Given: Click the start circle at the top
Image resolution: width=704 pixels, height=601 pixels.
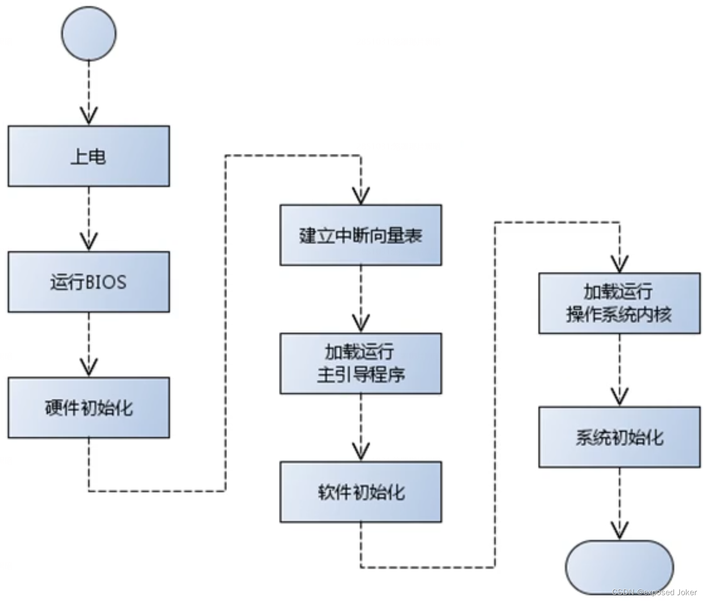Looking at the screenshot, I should [x=89, y=34].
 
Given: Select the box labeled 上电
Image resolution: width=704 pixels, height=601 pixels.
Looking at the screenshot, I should [x=89, y=156].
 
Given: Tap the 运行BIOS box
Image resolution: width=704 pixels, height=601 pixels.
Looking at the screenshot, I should [x=89, y=282].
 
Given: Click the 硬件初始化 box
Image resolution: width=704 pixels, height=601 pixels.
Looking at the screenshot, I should [x=89, y=407].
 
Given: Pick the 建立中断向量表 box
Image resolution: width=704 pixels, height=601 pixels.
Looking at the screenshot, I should [x=361, y=235].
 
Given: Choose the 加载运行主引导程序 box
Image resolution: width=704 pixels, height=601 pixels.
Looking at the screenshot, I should [x=361, y=363].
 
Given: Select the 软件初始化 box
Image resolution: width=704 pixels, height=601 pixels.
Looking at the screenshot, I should [x=361, y=492].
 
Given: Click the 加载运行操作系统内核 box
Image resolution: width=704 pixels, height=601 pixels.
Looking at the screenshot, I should [x=619, y=303].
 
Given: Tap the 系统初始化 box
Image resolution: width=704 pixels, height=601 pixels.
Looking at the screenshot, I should [x=619, y=437].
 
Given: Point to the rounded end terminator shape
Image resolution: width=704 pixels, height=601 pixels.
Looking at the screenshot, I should [x=619, y=567].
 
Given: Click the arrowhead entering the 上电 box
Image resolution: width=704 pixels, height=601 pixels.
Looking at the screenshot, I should [x=89, y=116].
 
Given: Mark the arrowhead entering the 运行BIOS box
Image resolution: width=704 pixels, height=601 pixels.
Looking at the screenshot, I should [x=89, y=242].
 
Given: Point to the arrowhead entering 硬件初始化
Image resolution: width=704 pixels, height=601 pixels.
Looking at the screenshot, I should [x=89, y=368].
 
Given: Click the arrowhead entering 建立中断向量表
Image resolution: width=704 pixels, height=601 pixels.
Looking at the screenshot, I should [x=361, y=196].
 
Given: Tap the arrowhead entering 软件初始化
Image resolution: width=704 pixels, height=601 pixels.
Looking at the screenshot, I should [x=361, y=452].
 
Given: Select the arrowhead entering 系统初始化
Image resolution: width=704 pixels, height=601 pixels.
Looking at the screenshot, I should [x=619, y=397].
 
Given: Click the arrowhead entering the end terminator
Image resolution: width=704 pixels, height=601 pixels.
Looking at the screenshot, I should [x=619, y=531].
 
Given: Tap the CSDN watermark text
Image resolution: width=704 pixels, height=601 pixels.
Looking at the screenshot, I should [x=654, y=592].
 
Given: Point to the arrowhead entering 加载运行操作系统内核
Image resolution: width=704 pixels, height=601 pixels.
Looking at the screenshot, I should [x=619, y=264].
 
